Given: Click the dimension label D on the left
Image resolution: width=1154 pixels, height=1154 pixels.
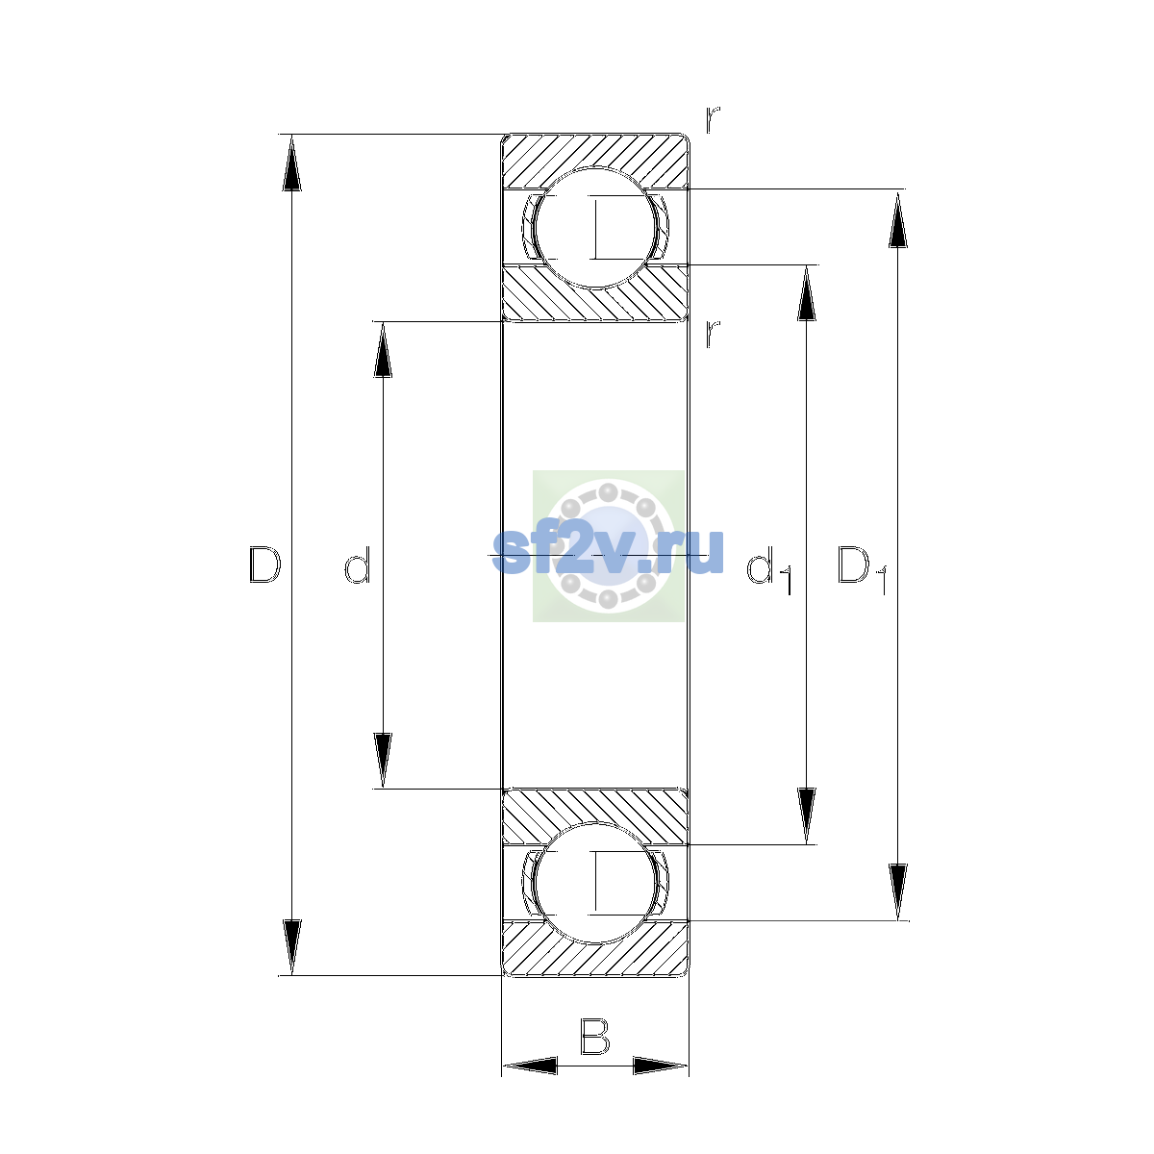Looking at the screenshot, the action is (x=264, y=564).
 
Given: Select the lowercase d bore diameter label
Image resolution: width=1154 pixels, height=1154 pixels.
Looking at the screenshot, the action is (x=358, y=564).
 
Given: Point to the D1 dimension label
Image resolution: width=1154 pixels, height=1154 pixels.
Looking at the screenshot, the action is (x=861, y=569).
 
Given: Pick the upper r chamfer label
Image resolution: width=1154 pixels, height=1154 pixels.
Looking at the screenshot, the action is (x=712, y=120).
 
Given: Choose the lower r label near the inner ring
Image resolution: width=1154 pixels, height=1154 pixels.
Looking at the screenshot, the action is (x=712, y=334).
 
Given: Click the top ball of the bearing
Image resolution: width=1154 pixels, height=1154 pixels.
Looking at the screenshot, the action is (x=594, y=228).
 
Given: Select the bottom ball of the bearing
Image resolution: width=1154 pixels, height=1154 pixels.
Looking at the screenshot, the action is (x=594, y=883).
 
